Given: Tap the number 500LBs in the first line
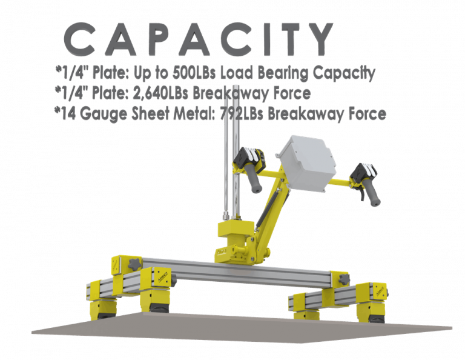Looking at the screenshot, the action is pos(194,73).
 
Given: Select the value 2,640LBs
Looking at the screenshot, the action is pos(160,93).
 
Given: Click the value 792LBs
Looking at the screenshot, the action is pos(242,114).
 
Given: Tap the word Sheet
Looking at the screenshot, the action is pos(151,114).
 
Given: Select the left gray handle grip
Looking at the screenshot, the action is pos(253,179).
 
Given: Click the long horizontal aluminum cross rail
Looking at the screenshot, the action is pos(237,273).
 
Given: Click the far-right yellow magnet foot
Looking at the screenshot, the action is pos(371,313).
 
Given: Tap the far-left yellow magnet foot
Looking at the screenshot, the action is pos(102,310).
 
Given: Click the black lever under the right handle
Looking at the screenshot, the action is pos(362,195).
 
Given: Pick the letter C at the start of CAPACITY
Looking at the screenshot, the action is pos(79,39).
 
